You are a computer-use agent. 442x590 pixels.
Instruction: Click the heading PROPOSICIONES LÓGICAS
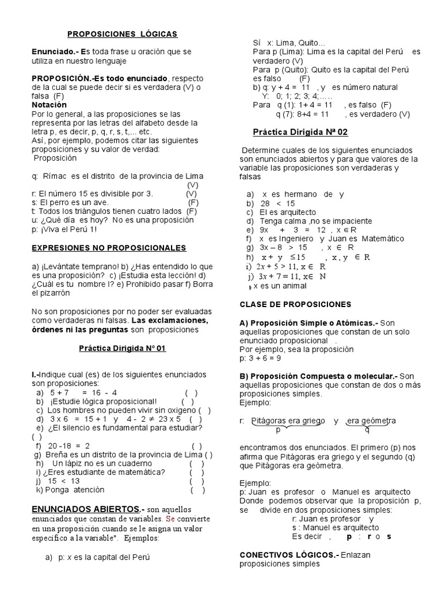click(x=123, y=34)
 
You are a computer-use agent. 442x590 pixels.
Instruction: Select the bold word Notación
click(x=49, y=105)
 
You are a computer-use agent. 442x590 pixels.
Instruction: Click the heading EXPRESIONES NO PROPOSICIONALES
click(x=109, y=248)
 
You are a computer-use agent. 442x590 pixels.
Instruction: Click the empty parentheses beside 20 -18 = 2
click(x=196, y=446)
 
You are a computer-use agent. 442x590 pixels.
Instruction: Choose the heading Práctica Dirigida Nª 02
click(x=300, y=132)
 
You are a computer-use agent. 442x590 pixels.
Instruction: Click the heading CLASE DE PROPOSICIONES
click(x=295, y=304)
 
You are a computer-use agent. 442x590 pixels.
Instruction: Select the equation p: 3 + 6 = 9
click(x=260, y=358)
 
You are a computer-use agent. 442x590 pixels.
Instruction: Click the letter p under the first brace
click(x=277, y=429)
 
